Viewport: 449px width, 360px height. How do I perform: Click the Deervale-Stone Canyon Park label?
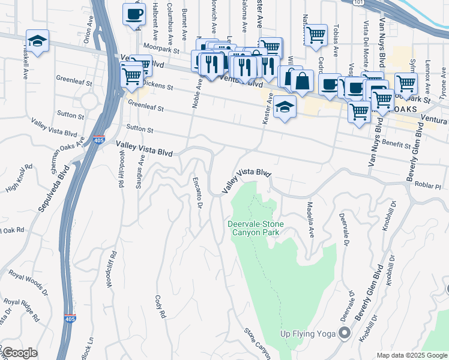256,229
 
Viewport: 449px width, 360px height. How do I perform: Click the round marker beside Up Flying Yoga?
345,332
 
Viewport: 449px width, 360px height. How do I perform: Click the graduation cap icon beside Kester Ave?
285,108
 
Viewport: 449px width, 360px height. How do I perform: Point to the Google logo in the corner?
19,353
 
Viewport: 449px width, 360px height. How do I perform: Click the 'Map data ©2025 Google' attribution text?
411,355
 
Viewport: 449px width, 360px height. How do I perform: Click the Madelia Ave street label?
311,220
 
